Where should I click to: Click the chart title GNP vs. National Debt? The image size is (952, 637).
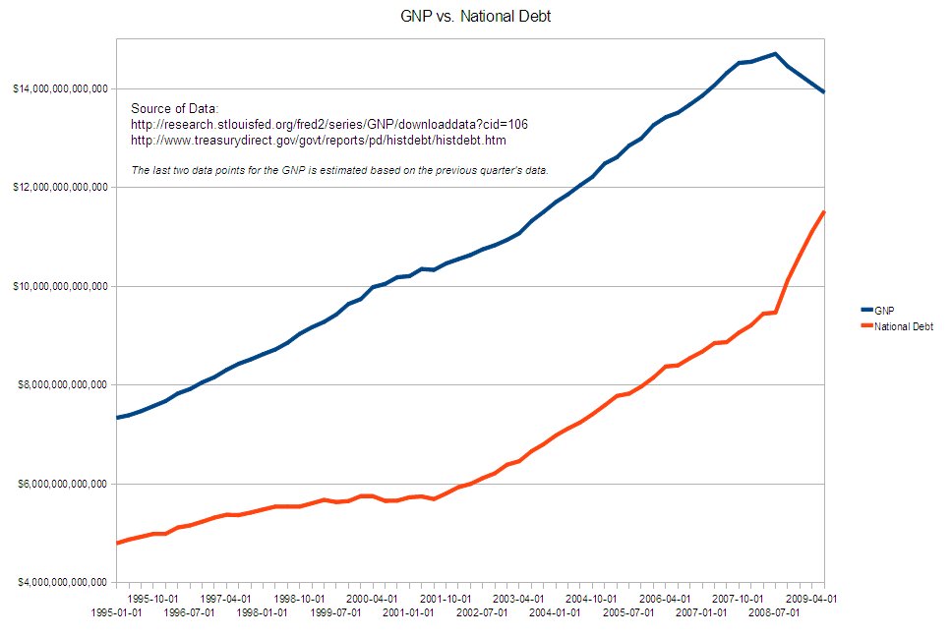pyautogui.click(x=475, y=16)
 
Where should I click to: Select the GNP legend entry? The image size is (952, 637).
pyautogui.click(x=884, y=310)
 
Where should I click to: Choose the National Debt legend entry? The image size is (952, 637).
pyautogui.click(x=904, y=326)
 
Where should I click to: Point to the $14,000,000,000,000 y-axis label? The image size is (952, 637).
pyautogui.click(x=59, y=89)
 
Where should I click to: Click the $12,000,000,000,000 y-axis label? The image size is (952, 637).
pyautogui.click(x=59, y=188)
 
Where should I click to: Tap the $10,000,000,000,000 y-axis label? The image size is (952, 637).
pyautogui.click(x=59, y=286)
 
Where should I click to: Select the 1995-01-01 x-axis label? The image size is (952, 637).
pyautogui.click(x=117, y=611)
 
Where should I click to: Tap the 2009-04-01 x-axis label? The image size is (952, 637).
pyautogui.click(x=810, y=598)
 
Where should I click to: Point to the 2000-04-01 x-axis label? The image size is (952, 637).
pyautogui.click(x=371, y=598)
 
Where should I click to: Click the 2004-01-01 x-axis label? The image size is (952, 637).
pyautogui.click(x=554, y=611)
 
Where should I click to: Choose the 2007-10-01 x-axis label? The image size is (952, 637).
pyautogui.click(x=737, y=598)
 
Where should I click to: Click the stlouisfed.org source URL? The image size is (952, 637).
pyautogui.click(x=329, y=124)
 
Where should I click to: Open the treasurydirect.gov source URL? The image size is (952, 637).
pyautogui.click(x=318, y=141)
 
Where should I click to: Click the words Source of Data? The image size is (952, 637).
pyautogui.click(x=174, y=107)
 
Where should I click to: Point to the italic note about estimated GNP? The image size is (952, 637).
pyautogui.click(x=339, y=170)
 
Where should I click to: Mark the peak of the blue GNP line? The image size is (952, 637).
pyautogui.click(x=775, y=54)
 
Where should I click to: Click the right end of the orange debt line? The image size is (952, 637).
pyautogui.click(x=823, y=212)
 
